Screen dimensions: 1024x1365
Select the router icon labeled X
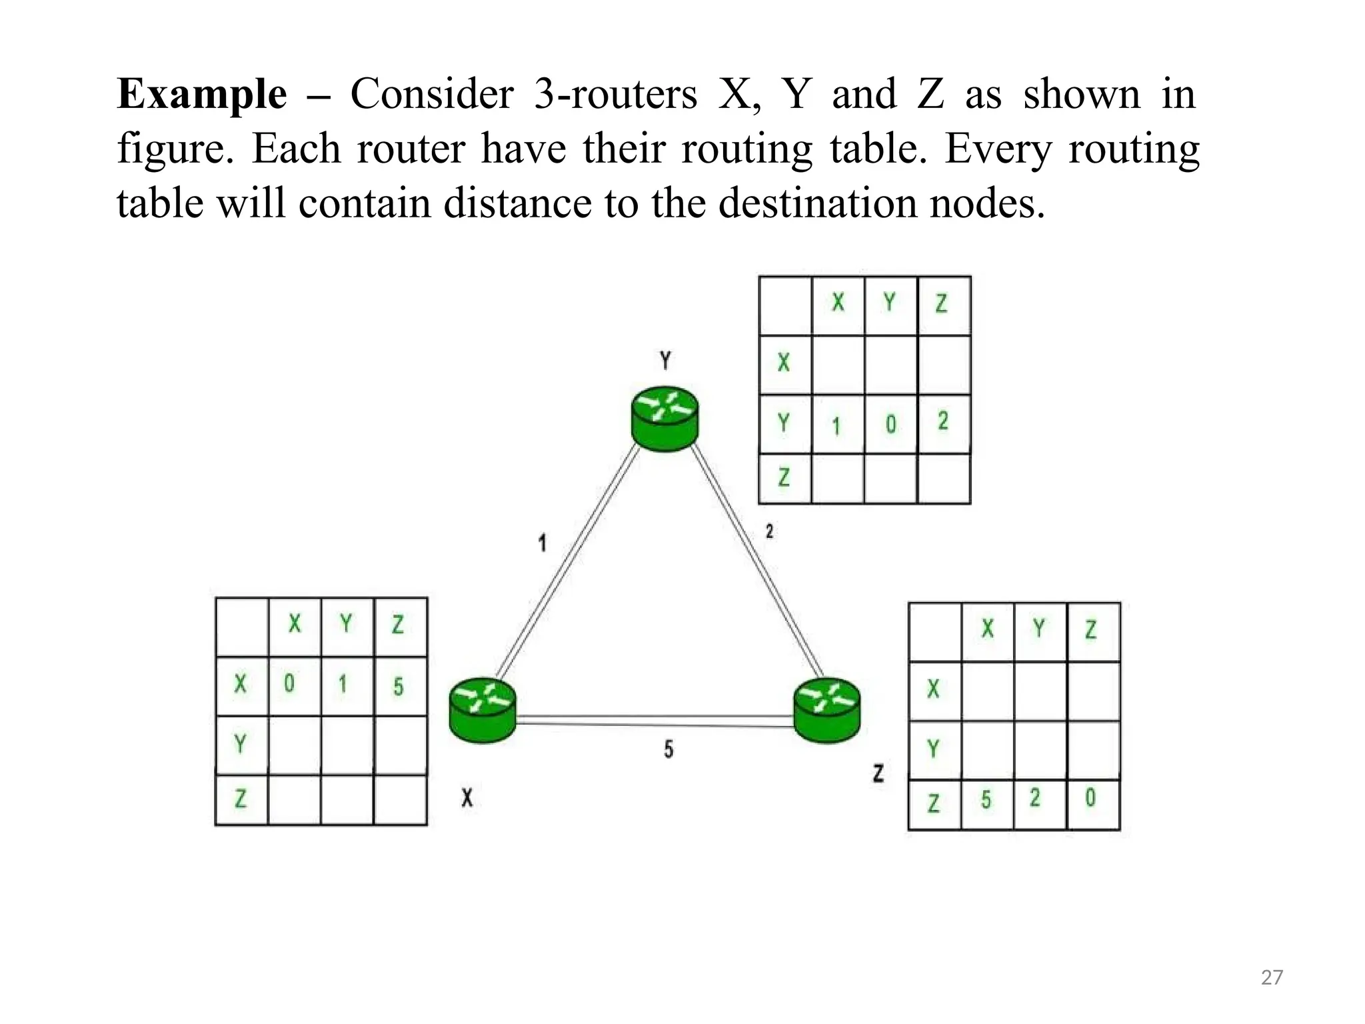pyautogui.click(x=483, y=709)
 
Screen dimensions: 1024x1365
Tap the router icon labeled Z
pyautogui.click(x=826, y=709)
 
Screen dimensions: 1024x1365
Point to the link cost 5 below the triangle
pyautogui.click(x=669, y=750)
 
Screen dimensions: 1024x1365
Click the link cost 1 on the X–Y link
pyautogui.click(x=543, y=543)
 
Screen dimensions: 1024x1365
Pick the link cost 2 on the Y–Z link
pyautogui.click(x=770, y=531)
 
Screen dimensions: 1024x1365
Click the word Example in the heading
pyautogui.click(x=202, y=94)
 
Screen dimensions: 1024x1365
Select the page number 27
pyautogui.click(x=1272, y=977)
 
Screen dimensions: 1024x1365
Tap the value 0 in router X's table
pyautogui.click(x=289, y=684)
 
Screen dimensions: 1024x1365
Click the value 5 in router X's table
pyautogui.click(x=398, y=686)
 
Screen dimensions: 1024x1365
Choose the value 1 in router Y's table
pyautogui.click(x=836, y=425)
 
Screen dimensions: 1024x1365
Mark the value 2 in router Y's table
pyautogui.click(x=942, y=421)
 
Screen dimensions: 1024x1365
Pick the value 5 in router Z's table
pyautogui.click(x=986, y=799)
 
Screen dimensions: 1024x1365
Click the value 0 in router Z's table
pyautogui.click(x=1090, y=798)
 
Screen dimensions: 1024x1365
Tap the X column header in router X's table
pyautogui.click(x=295, y=625)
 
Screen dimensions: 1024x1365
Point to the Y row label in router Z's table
pyautogui.click(x=933, y=749)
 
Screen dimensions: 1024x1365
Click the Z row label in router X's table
pyautogui.click(x=241, y=799)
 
